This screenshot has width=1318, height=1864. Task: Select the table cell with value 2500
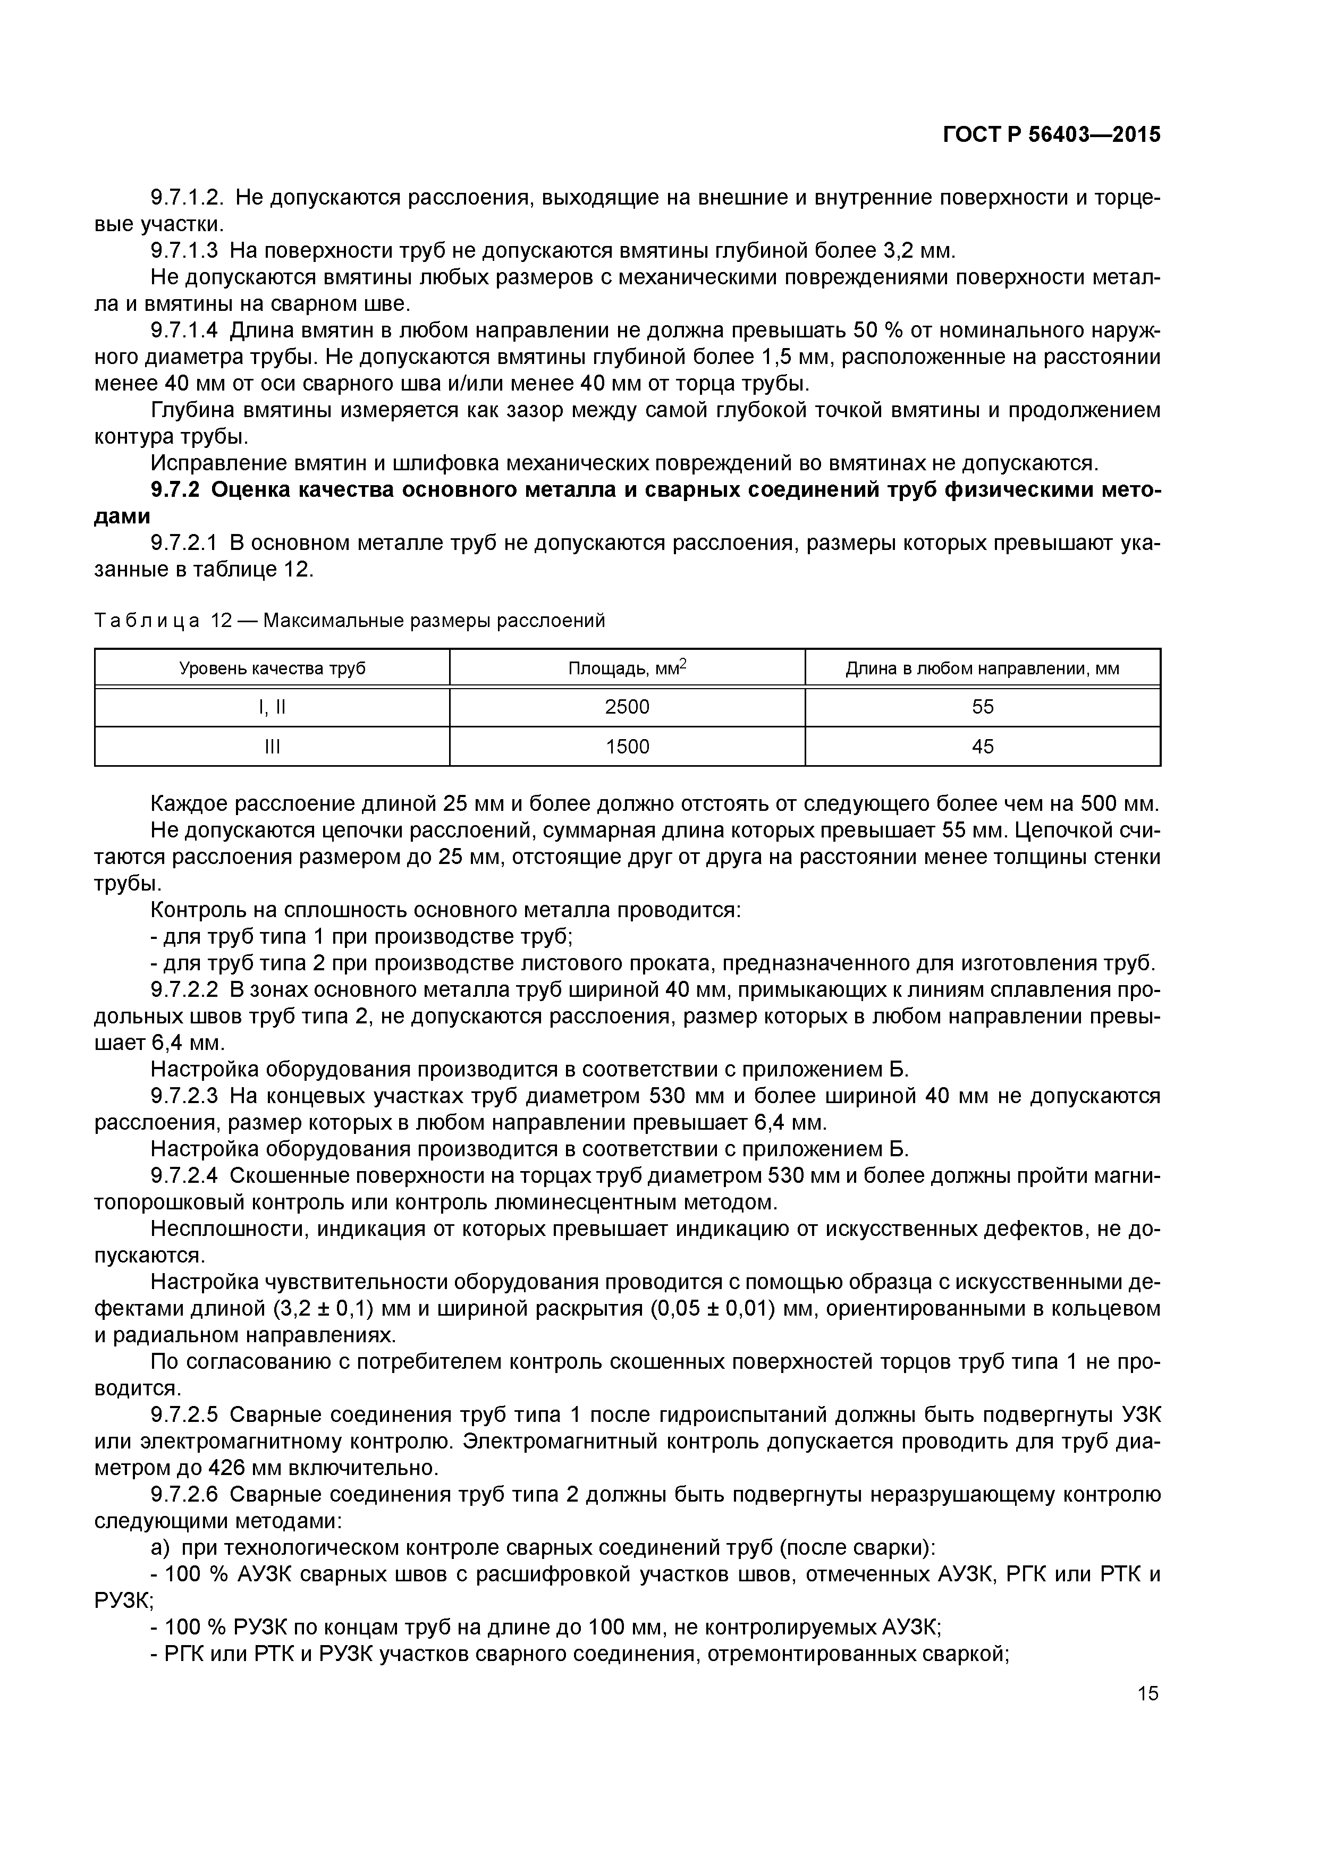627,707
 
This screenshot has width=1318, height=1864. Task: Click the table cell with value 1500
627,746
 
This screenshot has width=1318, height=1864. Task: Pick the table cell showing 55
983,707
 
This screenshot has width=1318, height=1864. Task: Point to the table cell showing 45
983,746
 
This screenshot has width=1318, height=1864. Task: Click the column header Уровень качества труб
272,669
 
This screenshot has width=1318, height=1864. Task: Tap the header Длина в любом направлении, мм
983,669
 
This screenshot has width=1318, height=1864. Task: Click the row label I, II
272,707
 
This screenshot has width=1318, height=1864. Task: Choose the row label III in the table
272,746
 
